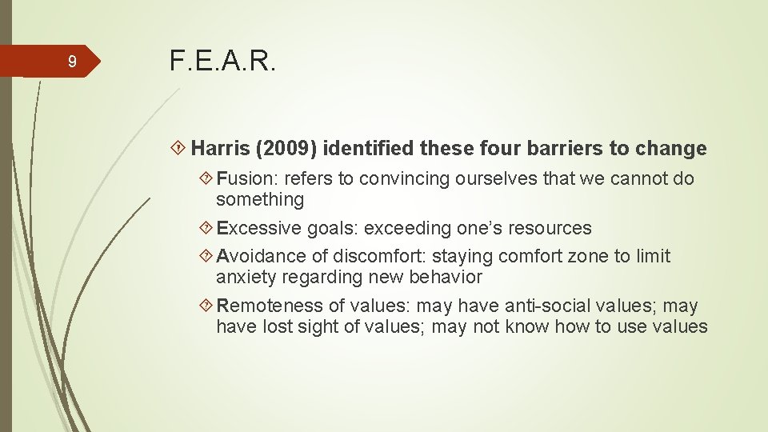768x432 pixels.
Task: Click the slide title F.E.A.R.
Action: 222,61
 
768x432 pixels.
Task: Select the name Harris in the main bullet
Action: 221,149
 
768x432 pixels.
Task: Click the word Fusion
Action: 243,178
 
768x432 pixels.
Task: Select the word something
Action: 260,199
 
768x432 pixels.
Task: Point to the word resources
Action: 553,228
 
